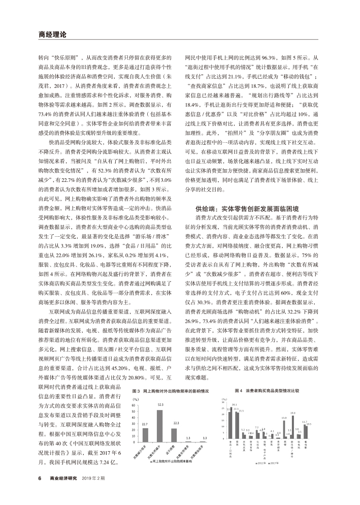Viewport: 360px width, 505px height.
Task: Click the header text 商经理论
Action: click(x=52, y=35)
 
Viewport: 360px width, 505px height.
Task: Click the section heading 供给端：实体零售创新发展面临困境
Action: click(x=247, y=208)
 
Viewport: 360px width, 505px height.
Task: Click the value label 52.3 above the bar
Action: click(x=160, y=404)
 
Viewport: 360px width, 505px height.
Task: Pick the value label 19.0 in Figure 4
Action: click(x=292, y=413)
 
